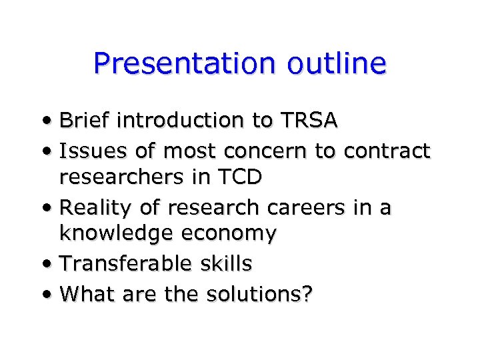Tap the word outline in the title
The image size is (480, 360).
pyautogui.click(x=337, y=64)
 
